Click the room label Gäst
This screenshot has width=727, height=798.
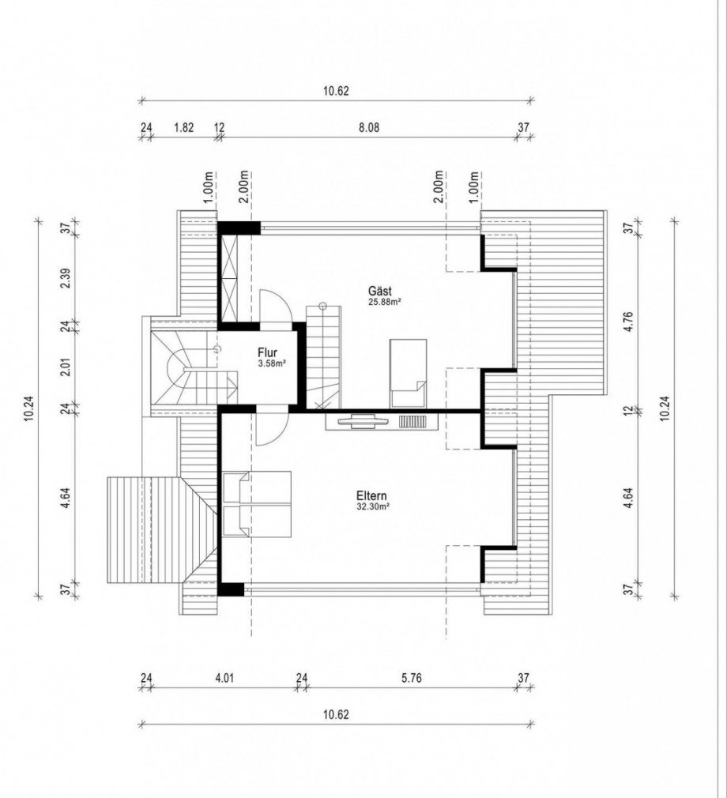pos(380,291)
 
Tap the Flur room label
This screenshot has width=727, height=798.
pos(268,352)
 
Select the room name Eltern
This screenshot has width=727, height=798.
pos(371,495)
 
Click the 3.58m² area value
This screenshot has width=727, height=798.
pos(273,363)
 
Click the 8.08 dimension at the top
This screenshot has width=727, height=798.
pos(369,127)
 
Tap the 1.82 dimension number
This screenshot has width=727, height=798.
pos(184,127)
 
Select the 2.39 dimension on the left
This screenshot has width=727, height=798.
pos(65,277)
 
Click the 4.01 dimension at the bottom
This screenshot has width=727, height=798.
pos(224,678)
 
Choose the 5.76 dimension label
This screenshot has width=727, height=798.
pos(411,678)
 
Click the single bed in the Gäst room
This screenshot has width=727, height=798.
pos(409,374)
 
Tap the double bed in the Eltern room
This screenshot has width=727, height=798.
pos(257,504)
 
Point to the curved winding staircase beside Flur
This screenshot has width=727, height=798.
pos(194,367)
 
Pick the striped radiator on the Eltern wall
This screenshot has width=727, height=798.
pos(412,422)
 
